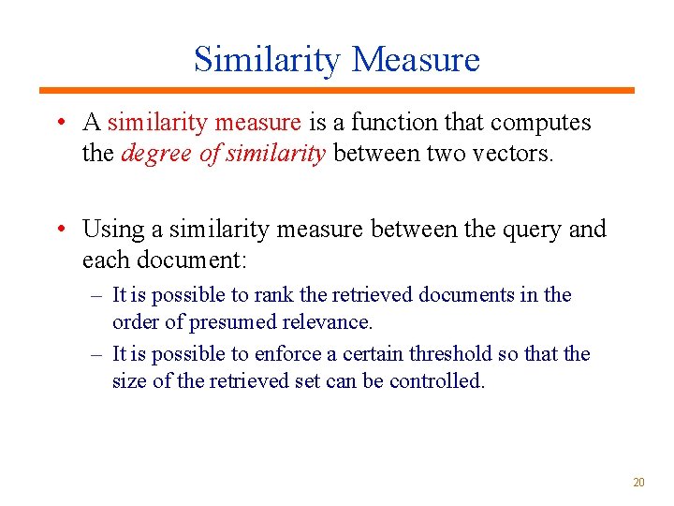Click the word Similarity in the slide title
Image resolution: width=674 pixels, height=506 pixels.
(267, 59)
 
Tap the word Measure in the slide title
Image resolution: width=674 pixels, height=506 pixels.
(417, 59)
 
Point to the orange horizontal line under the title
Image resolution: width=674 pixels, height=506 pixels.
(336, 91)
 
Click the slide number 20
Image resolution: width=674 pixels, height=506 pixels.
(638, 483)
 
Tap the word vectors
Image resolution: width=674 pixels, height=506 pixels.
(511, 154)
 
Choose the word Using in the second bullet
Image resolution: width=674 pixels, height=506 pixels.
(109, 230)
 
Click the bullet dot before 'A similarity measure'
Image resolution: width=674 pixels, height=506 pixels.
(60, 123)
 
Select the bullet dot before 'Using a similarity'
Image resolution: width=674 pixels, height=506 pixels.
(60, 230)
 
